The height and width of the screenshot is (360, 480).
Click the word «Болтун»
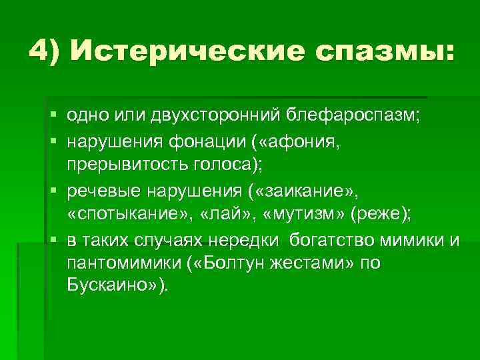[231, 263]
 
